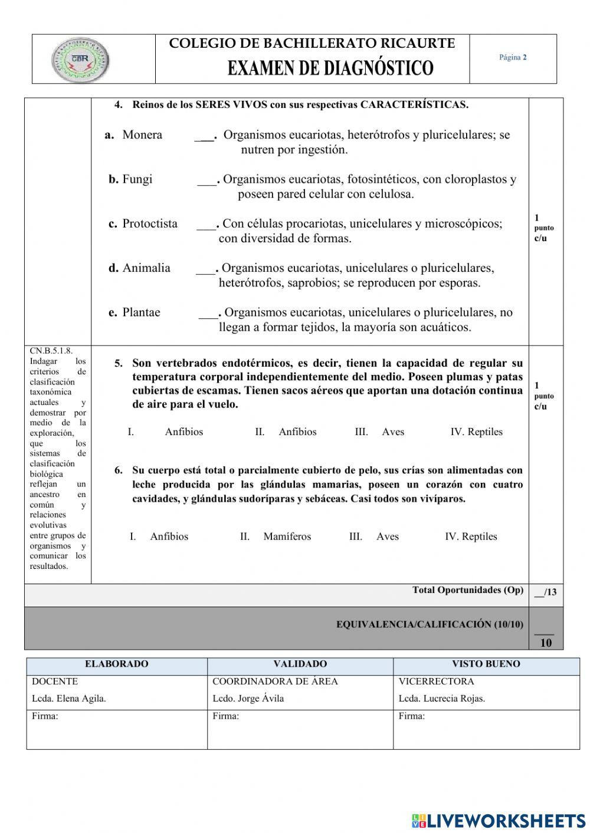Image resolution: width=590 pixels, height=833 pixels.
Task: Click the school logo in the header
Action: [x=80, y=59]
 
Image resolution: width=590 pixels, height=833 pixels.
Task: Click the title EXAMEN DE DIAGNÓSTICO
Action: [x=330, y=68]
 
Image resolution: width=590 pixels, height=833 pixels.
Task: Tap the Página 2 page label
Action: [x=513, y=57]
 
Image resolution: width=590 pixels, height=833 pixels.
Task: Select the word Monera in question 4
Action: [x=142, y=135]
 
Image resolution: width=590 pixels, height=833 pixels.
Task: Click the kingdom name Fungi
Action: [x=137, y=179]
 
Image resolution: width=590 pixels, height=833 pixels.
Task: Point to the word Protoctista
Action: [x=150, y=223]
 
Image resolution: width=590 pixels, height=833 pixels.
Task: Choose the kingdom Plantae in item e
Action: [x=141, y=312]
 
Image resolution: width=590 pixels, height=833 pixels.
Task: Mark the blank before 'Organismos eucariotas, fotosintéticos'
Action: [x=208, y=180]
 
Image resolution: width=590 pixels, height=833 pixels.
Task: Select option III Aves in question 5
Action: [x=392, y=432]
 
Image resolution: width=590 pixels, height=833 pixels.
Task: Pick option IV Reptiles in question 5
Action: [x=484, y=432]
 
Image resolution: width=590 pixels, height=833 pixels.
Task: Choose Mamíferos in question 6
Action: [x=287, y=536]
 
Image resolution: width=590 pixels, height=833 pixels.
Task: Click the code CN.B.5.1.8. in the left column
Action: [x=51, y=351]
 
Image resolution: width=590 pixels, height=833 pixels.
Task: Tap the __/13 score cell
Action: [x=545, y=592]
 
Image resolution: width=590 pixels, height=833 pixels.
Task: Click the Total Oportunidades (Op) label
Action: [x=467, y=590]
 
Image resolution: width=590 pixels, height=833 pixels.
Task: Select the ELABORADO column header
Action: [x=117, y=664]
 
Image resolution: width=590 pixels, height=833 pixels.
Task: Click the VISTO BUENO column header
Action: [x=486, y=664]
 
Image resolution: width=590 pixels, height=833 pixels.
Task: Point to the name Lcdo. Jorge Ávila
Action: [x=248, y=699]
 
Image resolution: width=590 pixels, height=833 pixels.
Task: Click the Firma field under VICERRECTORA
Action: [x=486, y=729]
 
